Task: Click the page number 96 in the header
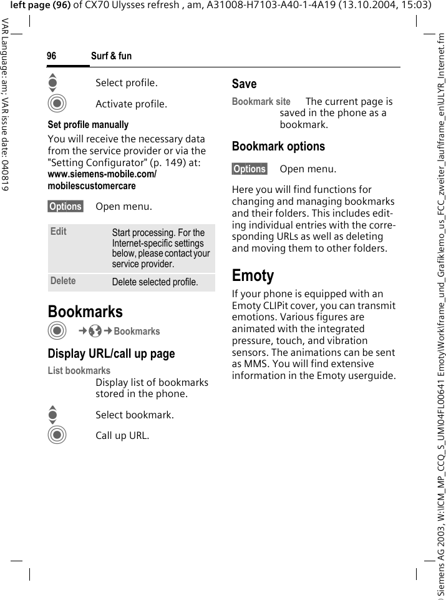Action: [51, 56]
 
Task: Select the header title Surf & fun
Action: [111, 56]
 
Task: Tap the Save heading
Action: [244, 84]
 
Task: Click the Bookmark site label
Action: [261, 101]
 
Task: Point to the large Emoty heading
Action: [253, 275]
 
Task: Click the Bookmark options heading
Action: [278, 147]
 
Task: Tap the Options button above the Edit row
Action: [65, 207]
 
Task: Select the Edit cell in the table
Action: [59, 232]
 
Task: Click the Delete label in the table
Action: [63, 281]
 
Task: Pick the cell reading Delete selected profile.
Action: [155, 282]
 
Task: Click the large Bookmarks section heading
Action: [85, 312]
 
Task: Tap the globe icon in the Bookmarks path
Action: [95, 332]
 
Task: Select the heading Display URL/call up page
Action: [111, 354]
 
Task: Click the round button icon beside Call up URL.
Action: [57, 435]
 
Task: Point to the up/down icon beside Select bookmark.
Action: [52, 415]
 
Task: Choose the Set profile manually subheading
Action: [88, 125]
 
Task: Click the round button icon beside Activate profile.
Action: [57, 104]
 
